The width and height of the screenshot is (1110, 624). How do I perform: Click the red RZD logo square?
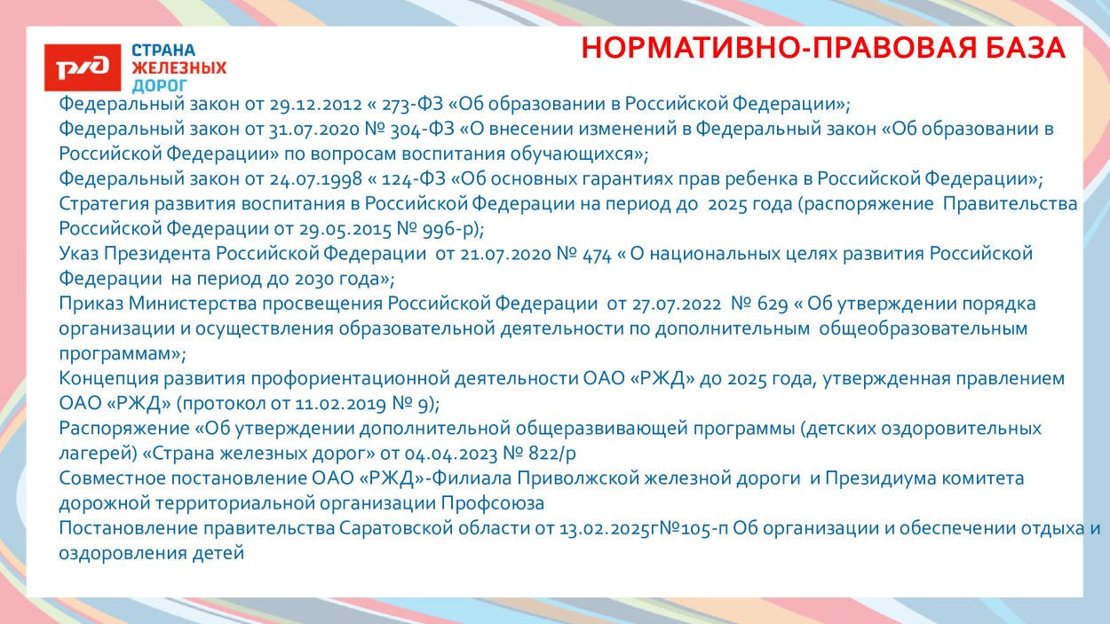[x=83, y=67]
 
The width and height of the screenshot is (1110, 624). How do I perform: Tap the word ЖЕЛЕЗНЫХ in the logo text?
[x=178, y=67]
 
